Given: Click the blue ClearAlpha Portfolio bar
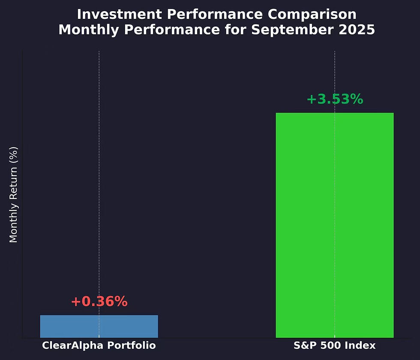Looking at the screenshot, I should point(99,326).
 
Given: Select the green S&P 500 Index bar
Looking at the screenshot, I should point(334,225).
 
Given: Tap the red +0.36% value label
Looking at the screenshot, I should point(99,302).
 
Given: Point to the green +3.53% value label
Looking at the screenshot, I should point(335,99).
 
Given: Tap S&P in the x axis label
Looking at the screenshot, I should point(304,345).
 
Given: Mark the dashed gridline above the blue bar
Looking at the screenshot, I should point(99,171).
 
